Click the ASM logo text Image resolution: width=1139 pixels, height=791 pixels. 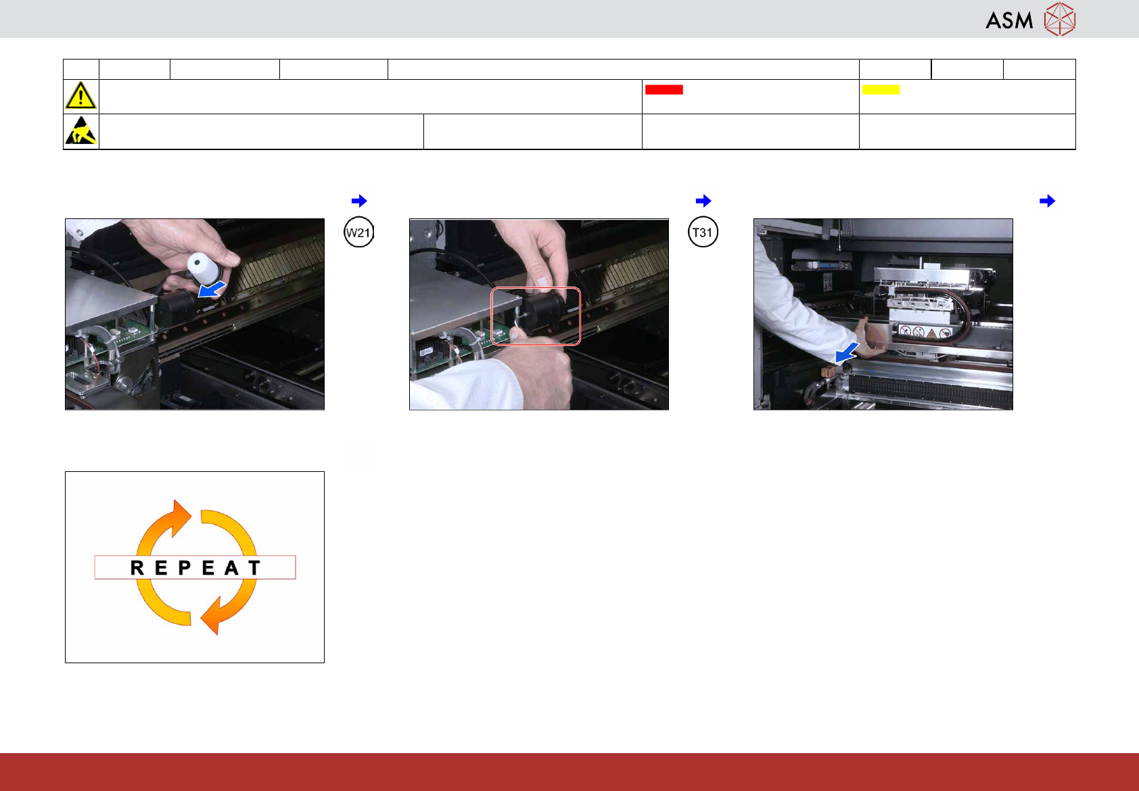pyautogui.click(x=1009, y=20)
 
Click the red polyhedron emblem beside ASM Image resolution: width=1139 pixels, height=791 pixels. pyautogui.click(x=1060, y=19)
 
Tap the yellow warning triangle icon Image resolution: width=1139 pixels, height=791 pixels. pyautogui.click(x=80, y=95)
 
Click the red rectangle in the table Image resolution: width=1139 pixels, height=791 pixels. pyautogui.click(x=664, y=89)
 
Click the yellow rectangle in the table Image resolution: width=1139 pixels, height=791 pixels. pyautogui.click(x=881, y=89)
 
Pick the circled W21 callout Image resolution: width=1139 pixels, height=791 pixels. pyautogui.click(x=358, y=233)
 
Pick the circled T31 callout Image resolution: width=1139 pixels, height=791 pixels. pyautogui.click(x=703, y=233)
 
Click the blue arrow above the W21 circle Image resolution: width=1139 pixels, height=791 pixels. pyautogui.click(x=359, y=201)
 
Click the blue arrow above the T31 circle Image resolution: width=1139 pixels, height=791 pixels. pyautogui.click(x=703, y=201)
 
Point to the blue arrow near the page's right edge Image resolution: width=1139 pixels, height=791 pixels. pyautogui.click(x=1048, y=201)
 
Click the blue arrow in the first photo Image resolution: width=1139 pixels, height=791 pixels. pyautogui.click(x=211, y=289)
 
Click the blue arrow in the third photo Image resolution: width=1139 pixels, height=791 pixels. pyautogui.click(x=847, y=352)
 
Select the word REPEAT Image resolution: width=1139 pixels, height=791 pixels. pyautogui.click(x=195, y=567)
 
